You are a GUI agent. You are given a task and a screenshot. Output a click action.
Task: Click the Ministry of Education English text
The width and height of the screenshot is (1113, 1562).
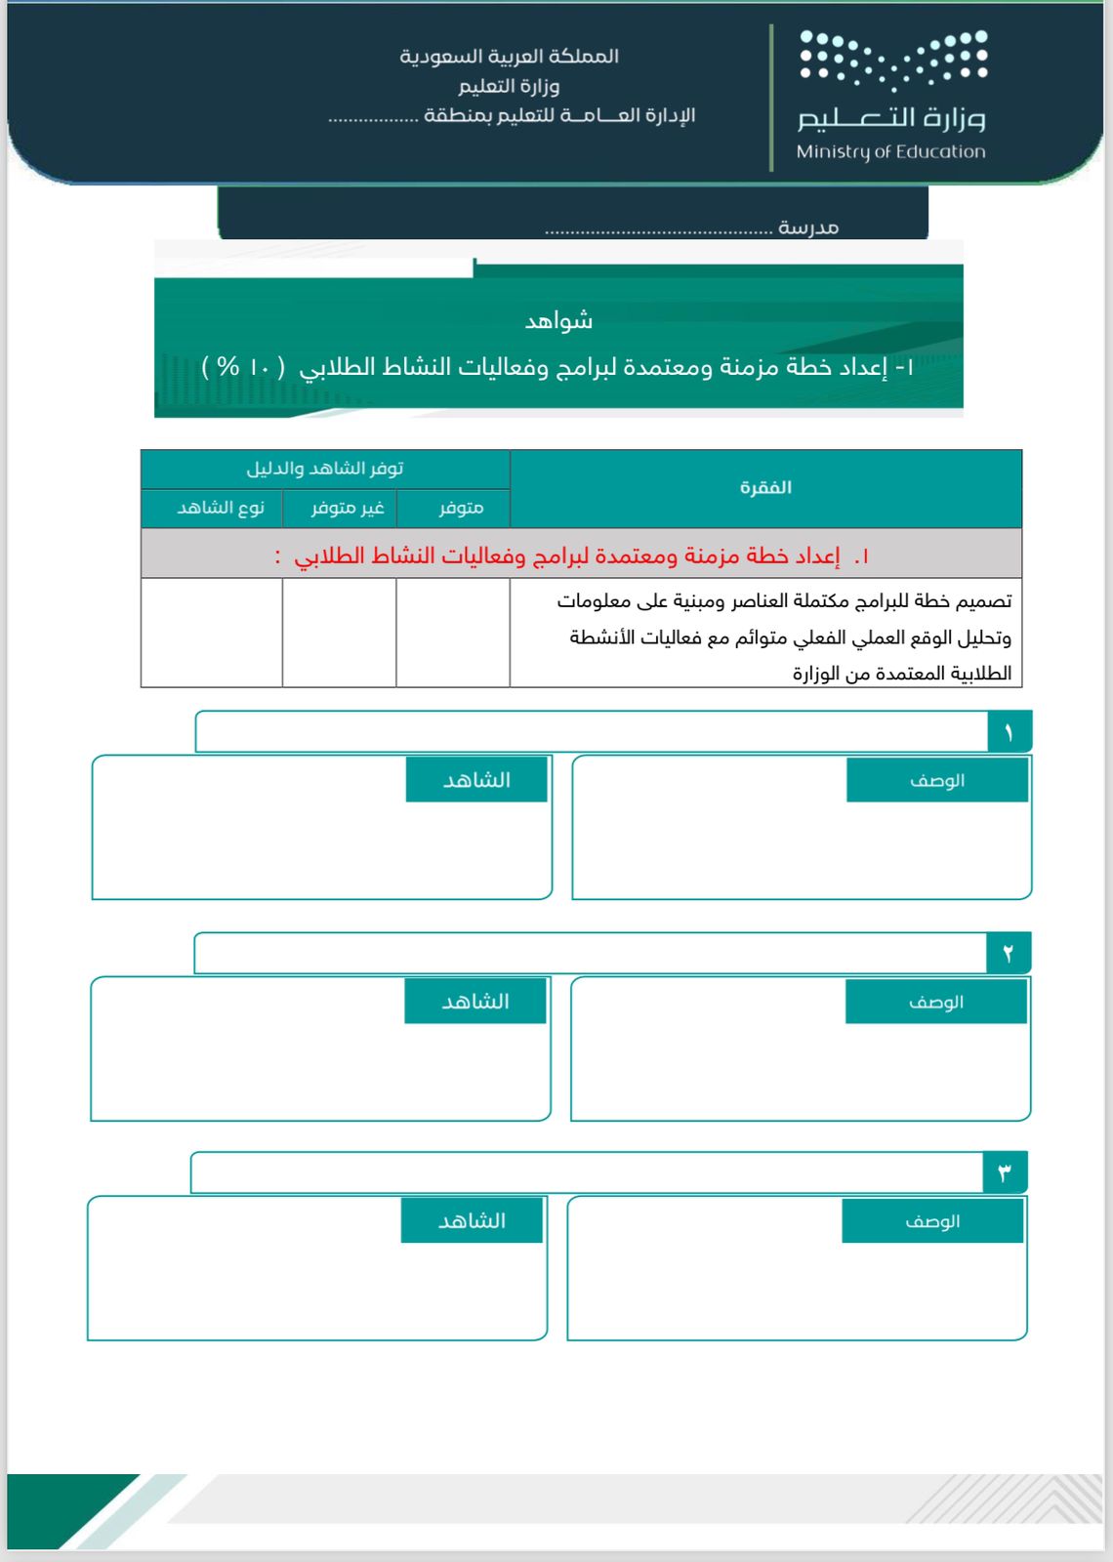(890, 151)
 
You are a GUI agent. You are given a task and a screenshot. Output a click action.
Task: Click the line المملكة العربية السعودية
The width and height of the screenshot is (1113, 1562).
(509, 57)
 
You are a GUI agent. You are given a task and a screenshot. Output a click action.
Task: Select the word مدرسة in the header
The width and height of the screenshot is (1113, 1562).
(808, 227)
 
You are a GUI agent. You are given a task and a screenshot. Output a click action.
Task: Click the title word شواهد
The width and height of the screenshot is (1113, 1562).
(558, 320)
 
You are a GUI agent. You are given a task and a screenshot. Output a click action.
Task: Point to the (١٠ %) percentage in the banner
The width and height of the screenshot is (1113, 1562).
(243, 367)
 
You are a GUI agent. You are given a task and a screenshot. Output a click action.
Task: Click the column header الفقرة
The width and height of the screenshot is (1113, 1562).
(765, 487)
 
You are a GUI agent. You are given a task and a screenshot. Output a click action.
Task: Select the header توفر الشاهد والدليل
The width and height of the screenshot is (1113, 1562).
(325, 469)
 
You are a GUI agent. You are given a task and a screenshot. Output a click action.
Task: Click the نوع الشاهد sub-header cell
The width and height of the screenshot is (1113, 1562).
(221, 508)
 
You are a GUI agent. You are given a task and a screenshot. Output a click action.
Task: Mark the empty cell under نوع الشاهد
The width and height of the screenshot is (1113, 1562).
(211, 633)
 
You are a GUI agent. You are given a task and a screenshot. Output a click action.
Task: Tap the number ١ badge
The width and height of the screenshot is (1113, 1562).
(1009, 732)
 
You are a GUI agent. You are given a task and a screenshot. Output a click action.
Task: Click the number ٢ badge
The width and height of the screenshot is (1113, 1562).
(1008, 953)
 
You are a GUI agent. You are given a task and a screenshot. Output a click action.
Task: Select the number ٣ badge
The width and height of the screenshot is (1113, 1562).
(1004, 1172)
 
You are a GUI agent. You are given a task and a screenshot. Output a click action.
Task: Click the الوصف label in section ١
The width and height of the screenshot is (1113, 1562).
(937, 780)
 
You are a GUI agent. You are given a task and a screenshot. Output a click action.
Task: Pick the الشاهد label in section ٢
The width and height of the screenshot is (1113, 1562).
(475, 1002)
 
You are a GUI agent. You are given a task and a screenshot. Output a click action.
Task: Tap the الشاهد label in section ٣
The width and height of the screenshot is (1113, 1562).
(472, 1220)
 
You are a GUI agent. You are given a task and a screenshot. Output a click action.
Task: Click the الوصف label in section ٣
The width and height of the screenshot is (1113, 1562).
(932, 1220)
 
